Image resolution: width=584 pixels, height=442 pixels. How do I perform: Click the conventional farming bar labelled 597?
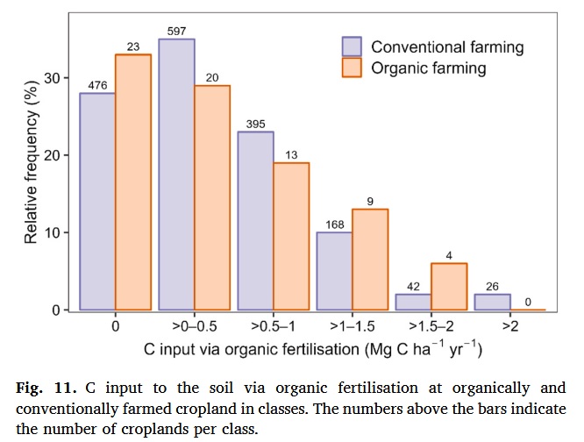176,175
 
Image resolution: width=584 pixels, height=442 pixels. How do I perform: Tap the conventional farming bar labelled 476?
97,202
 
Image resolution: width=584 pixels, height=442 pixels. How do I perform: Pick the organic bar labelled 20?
212,198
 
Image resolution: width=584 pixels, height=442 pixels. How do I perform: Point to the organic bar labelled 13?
291,237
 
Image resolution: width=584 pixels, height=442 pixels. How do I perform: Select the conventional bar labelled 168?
334,271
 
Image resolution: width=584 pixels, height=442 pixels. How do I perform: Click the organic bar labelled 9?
370,260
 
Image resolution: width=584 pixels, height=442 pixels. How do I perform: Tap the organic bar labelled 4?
449,287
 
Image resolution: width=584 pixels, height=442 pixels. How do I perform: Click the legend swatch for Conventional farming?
352,46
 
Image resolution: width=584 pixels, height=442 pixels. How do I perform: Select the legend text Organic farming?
427,68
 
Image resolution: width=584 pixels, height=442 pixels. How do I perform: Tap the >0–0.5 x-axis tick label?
195,326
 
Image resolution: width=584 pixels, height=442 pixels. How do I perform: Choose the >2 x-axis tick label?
510,326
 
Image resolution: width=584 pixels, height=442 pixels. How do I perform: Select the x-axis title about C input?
313,349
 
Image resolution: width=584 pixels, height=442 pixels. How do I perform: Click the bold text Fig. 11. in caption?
46,388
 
